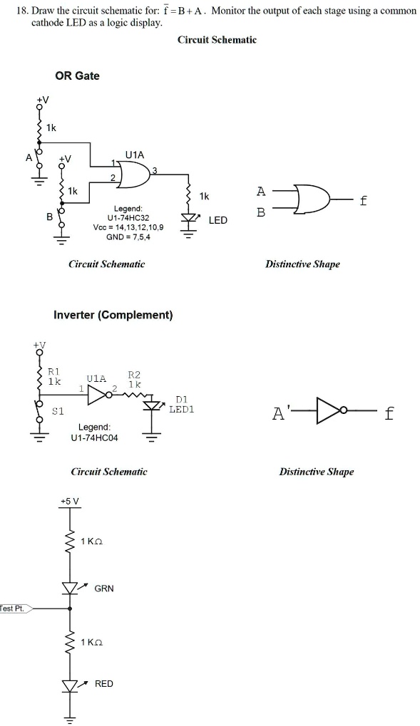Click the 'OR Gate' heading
click(x=77, y=76)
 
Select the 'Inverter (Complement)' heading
click(x=113, y=315)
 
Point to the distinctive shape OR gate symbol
click(x=311, y=201)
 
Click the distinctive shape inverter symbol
click(x=329, y=412)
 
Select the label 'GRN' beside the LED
click(x=104, y=588)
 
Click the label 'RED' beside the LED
click(x=104, y=683)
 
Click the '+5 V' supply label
click(x=70, y=502)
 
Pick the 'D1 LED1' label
click(x=182, y=405)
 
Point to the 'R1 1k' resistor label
click(x=54, y=376)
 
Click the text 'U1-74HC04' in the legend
click(x=95, y=437)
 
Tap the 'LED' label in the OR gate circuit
click(x=217, y=220)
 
